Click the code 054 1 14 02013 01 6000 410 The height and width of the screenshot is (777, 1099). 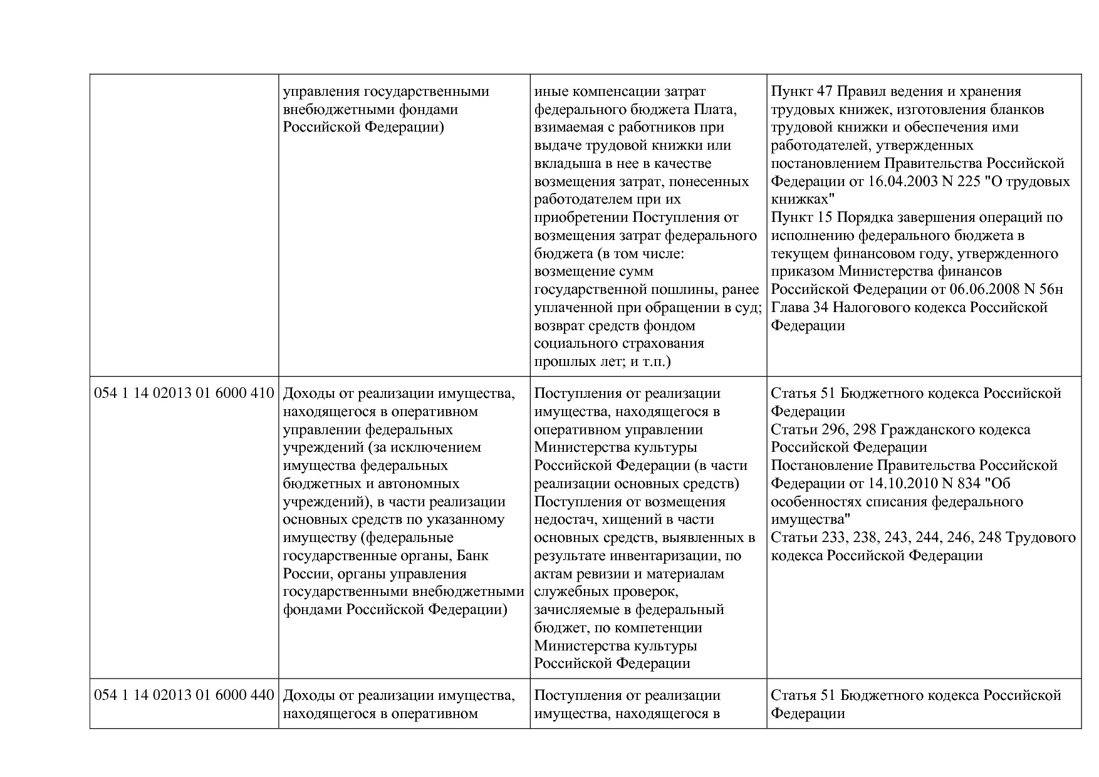point(184,394)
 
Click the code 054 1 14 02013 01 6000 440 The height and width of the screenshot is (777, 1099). point(184,696)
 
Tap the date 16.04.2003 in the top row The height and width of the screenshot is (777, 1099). point(903,182)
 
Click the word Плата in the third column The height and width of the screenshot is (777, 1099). point(714,110)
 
